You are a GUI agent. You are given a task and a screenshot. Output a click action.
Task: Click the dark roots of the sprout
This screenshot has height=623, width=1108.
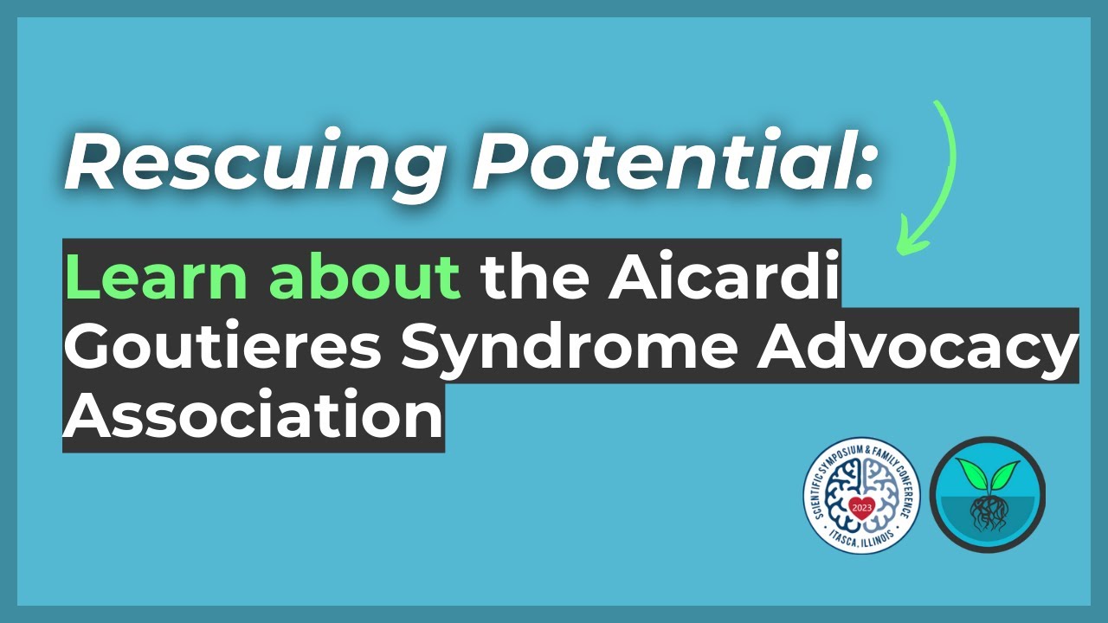point(987,515)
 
